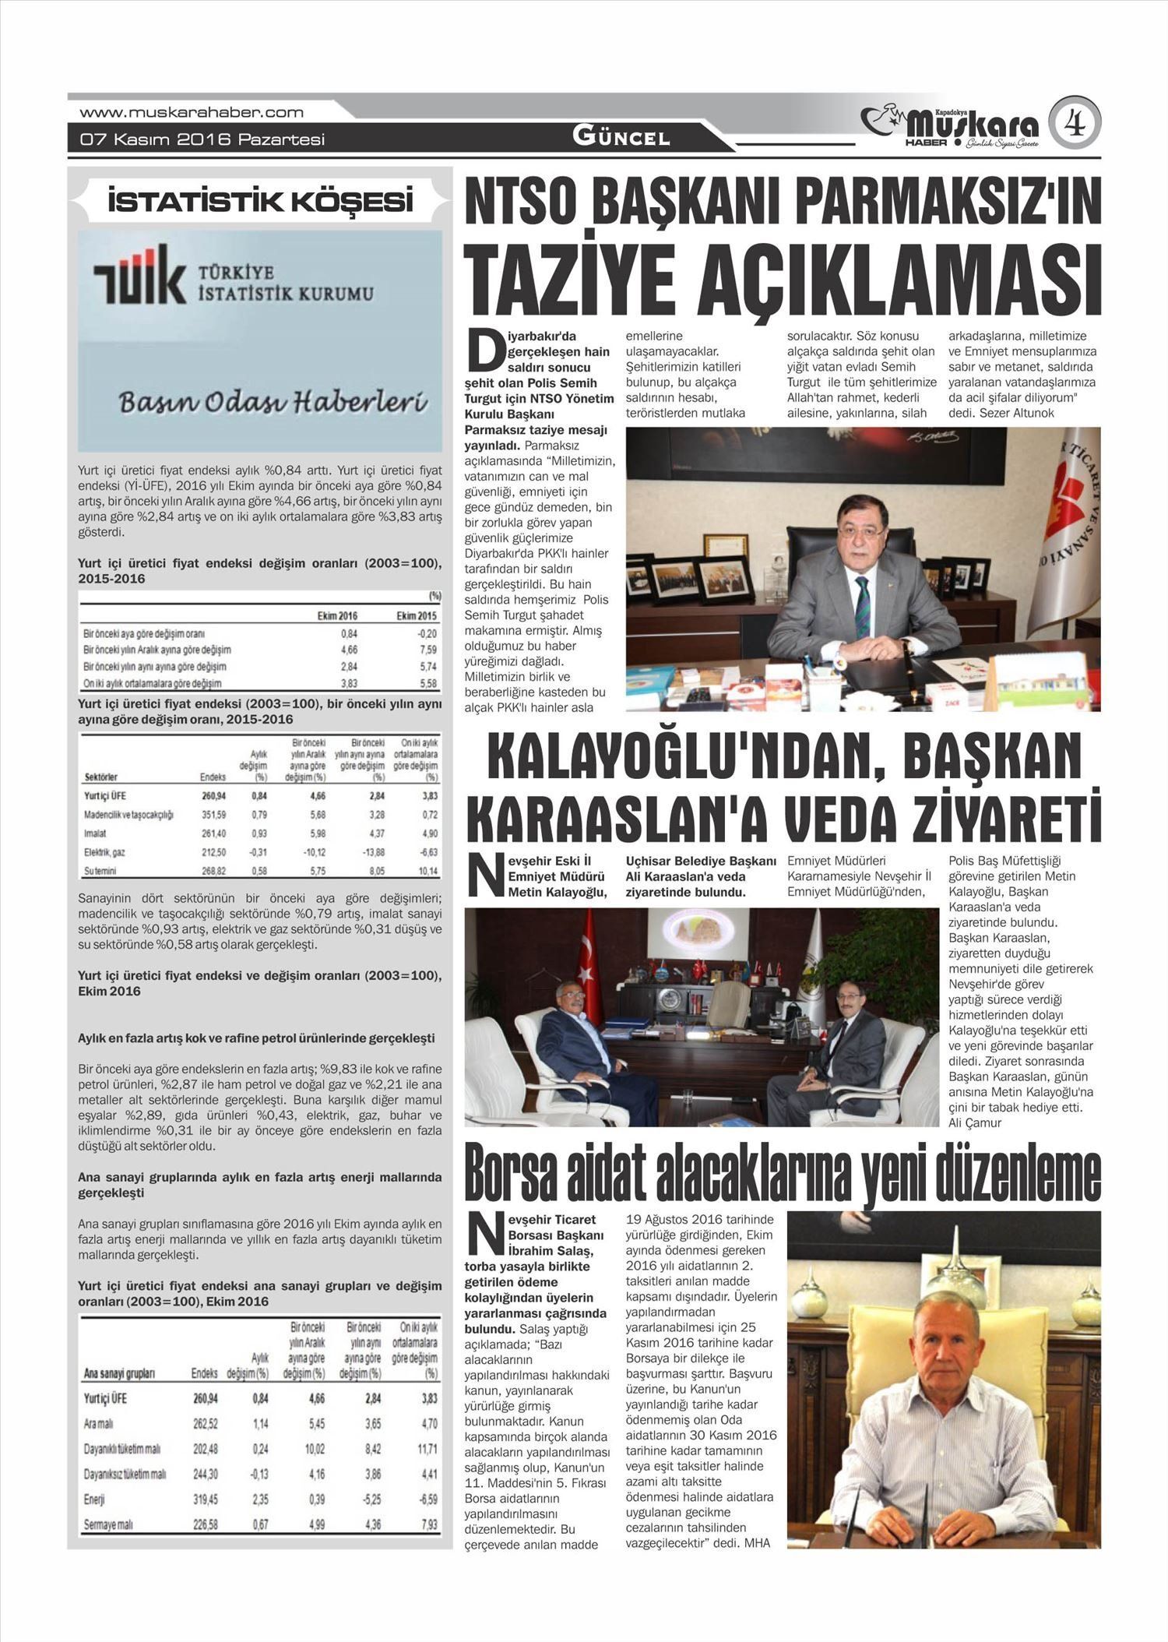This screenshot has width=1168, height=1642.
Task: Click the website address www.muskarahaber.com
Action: [x=192, y=112]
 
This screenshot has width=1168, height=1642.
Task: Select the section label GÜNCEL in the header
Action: [x=621, y=137]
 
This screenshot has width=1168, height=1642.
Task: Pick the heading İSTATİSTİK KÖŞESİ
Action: [x=260, y=203]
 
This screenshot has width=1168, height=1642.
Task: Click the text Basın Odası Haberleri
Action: [x=273, y=403]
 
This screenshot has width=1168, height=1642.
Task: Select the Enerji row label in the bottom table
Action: [x=93, y=1499]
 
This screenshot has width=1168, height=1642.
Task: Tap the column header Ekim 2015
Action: [x=416, y=615]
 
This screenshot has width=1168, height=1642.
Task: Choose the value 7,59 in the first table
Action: [x=427, y=650]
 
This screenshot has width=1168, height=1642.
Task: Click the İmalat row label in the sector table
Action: [x=95, y=833]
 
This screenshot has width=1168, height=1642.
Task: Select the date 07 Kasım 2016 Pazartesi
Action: [x=202, y=140]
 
